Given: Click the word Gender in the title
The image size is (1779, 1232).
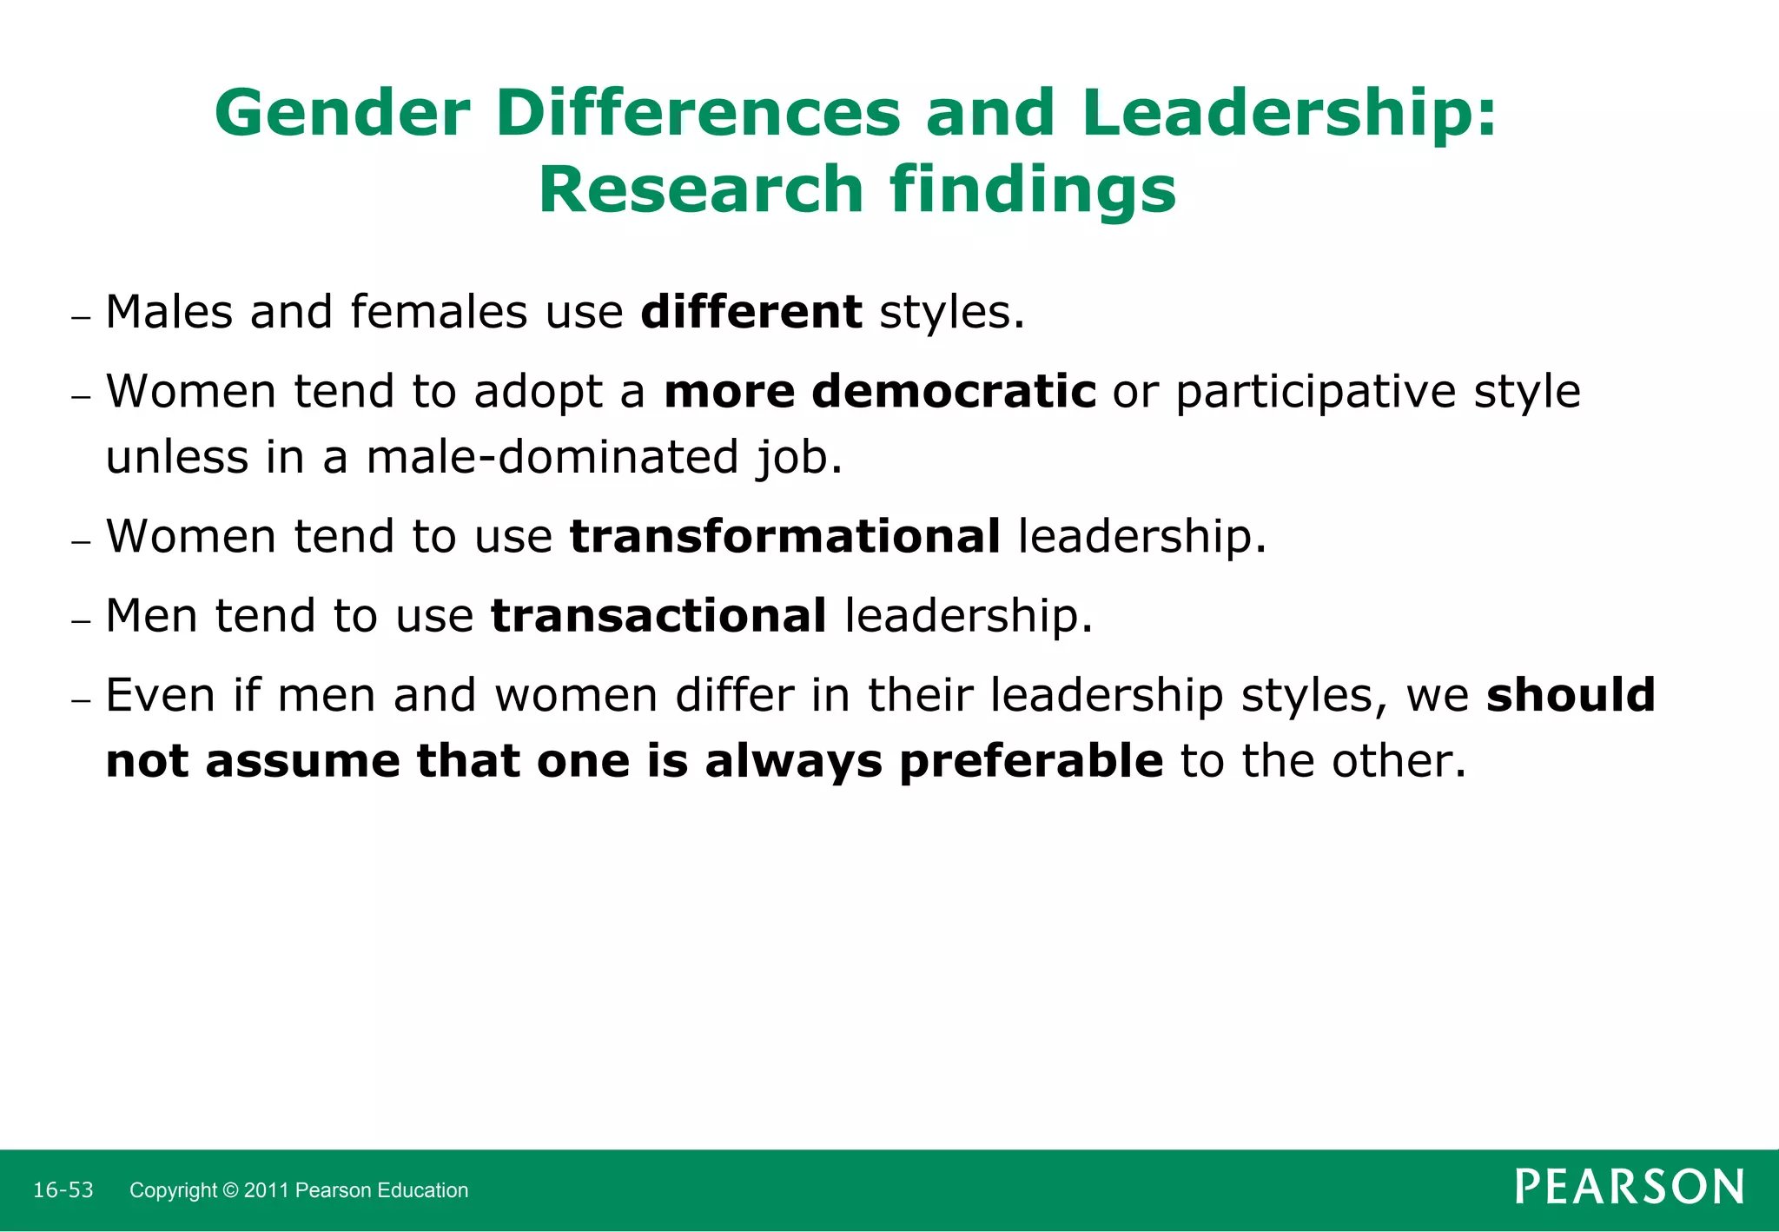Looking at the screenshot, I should click(342, 114).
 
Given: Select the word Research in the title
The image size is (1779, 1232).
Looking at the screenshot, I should click(700, 190).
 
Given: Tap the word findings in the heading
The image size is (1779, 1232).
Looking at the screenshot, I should click(1033, 190).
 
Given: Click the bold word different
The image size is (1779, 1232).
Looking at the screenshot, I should click(751, 312).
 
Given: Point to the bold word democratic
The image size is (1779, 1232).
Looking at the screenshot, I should click(954, 392).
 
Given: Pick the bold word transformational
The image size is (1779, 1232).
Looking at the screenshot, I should click(785, 536).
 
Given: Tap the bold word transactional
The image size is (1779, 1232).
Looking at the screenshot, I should click(658, 616).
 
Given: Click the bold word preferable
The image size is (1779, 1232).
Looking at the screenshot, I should click(1031, 761).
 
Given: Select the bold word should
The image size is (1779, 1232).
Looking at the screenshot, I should click(1571, 695).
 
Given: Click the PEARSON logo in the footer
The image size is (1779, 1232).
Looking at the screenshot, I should click(1630, 1187).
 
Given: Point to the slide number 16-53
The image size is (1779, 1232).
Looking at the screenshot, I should click(63, 1190).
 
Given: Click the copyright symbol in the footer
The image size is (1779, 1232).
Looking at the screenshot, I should click(230, 1190).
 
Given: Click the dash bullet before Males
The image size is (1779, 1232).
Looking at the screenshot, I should click(81, 318).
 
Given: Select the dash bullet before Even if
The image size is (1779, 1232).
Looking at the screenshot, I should click(81, 701).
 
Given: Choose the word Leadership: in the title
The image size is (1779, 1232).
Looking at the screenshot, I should click(1289, 114).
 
